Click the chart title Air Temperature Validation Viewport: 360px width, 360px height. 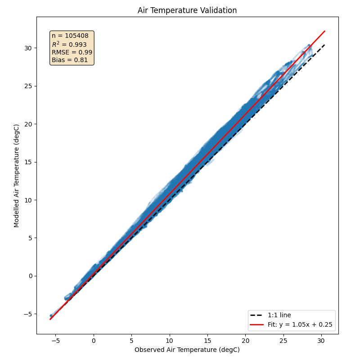tap(187, 10)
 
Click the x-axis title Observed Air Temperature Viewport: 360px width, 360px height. tap(187, 350)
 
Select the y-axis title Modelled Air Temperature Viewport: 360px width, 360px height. tap(17, 175)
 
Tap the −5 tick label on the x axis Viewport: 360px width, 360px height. tap(55, 341)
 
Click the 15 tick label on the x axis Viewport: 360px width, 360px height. tap(207, 341)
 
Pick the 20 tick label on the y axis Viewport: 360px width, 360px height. tap(28, 124)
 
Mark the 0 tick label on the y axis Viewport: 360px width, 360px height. tap(30, 276)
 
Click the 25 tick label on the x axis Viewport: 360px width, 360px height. tap(283, 341)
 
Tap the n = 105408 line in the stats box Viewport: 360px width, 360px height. tap(70, 36)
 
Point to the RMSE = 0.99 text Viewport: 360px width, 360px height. tap(72, 52)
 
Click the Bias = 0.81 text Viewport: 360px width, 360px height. tap(70, 60)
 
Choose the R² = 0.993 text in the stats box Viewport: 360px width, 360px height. tap(69, 44)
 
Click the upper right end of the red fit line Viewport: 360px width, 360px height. tap(325, 31)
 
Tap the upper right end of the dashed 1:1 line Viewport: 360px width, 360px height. tap(325, 45)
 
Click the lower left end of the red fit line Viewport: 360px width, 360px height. tap(50, 319)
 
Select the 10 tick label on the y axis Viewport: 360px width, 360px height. tap(28, 200)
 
